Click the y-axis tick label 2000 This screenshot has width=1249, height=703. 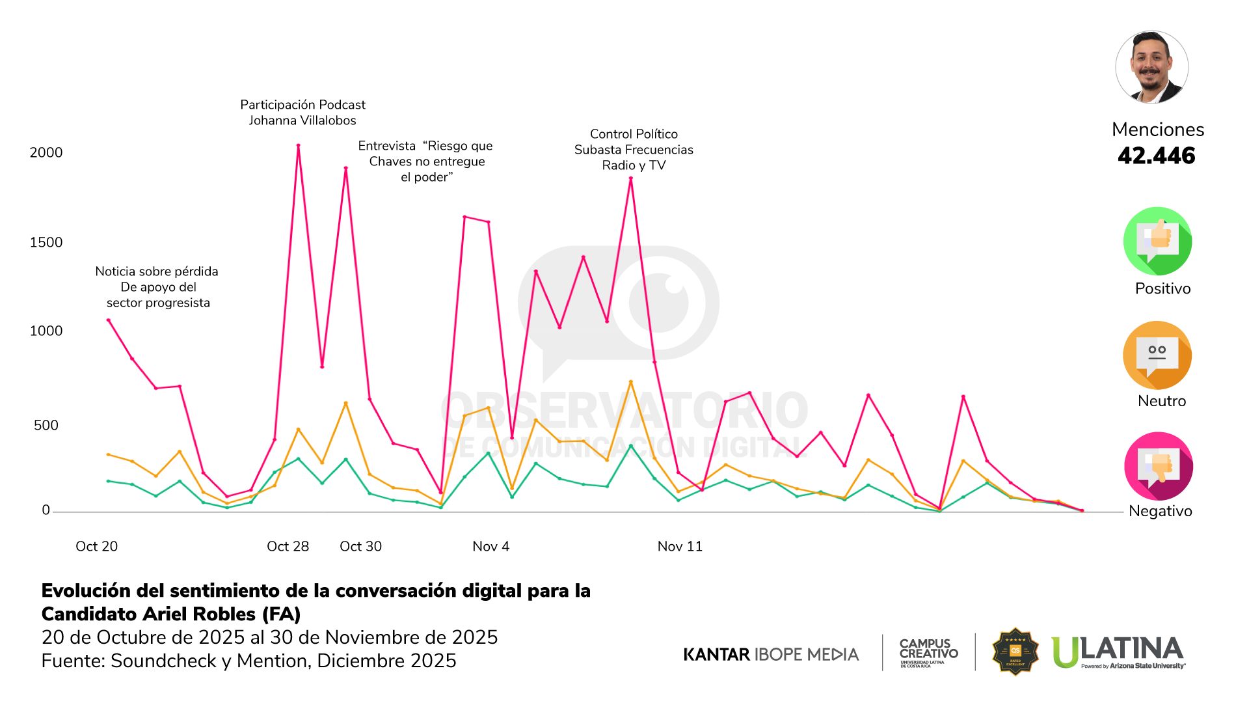(46, 152)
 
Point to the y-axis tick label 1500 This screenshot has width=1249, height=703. (46, 242)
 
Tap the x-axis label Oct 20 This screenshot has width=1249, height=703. (97, 546)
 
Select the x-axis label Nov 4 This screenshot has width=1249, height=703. (491, 546)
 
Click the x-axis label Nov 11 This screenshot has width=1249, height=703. (680, 546)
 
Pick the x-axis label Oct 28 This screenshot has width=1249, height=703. (288, 546)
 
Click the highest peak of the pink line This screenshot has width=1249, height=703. (299, 146)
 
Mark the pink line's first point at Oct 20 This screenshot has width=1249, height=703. (109, 320)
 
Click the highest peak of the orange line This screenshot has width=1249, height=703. (631, 382)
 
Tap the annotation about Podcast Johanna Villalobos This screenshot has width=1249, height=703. (303, 113)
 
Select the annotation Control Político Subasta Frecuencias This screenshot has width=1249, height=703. (634, 150)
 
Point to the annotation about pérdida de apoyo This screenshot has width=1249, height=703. (157, 287)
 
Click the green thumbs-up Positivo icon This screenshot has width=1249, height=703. (1157, 241)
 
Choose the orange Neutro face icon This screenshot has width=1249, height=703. (1157, 355)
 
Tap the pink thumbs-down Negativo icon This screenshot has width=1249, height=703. (1158, 466)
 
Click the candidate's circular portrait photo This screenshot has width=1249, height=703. (1152, 67)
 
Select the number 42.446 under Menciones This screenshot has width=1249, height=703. (1157, 156)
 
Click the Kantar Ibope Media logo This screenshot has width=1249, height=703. (771, 654)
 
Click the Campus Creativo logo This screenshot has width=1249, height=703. (928, 652)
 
